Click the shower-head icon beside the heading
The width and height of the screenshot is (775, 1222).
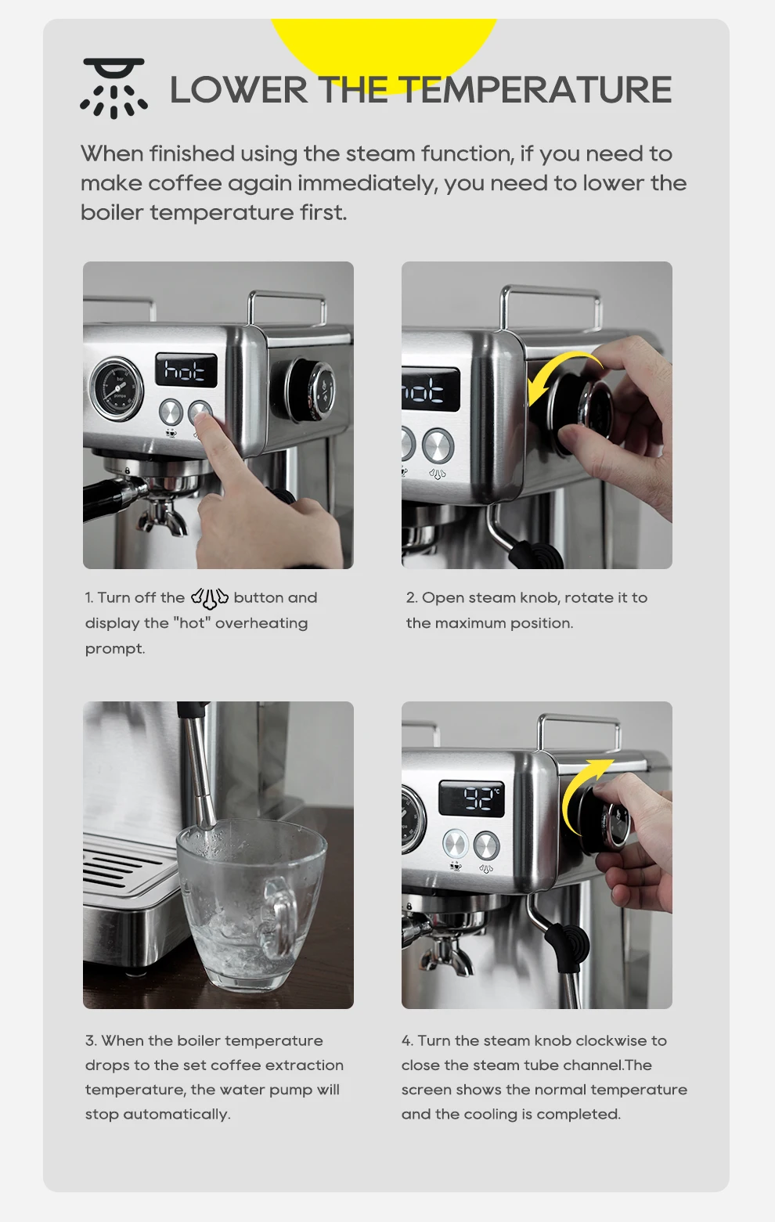(x=114, y=88)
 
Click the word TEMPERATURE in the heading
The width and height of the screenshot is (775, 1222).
(x=535, y=90)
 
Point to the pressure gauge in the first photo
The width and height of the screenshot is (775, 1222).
(x=117, y=388)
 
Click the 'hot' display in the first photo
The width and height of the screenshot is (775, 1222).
(x=186, y=369)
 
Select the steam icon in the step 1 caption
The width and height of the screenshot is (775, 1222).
(x=209, y=598)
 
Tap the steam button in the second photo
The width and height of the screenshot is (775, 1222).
(x=438, y=445)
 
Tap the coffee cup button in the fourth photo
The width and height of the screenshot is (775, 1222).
(x=455, y=845)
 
